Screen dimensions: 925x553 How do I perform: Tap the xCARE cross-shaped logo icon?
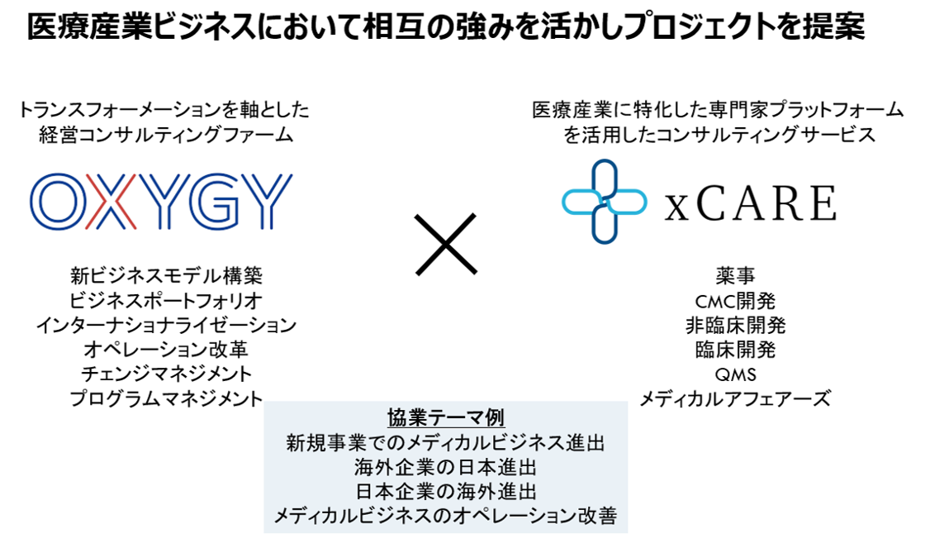click(x=604, y=202)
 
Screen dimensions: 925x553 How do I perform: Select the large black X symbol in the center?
click(x=446, y=244)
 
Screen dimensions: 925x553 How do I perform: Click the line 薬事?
click(x=735, y=276)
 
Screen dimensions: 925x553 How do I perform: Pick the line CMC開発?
click(x=735, y=300)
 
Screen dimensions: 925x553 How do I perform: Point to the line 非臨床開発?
click(x=735, y=325)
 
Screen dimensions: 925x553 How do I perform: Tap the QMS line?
click(x=735, y=374)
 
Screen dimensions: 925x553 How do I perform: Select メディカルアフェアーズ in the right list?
click(x=735, y=399)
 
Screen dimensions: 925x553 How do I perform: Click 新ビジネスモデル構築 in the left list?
click(x=166, y=275)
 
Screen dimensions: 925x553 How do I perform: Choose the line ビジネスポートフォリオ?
click(x=166, y=299)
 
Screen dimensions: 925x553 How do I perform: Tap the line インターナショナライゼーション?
click(x=166, y=324)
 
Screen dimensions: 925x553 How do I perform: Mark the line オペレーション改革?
click(x=166, y=349)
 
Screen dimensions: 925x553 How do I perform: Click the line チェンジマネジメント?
click(x=166, y=374)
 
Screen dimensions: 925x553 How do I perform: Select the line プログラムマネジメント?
click(x=166, y=398)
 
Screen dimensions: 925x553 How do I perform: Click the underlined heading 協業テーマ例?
click(x=445, y=418)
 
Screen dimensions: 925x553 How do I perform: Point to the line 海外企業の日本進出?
click(x=445, y=468)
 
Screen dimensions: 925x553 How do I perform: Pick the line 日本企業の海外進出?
click(x=445, y=493)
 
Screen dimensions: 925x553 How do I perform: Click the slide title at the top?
click(x=446, y=28)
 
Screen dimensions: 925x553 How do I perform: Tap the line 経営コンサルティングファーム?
click(x=166, y=135)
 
